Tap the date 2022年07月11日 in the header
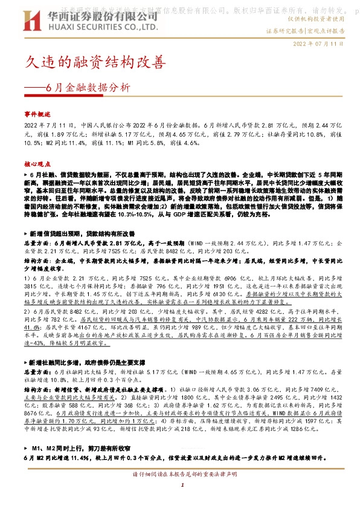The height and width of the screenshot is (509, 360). pyautogui.click(x=318, y=44)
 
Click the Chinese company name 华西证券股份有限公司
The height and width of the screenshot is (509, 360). pyautogui.click(x=91, y=16)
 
